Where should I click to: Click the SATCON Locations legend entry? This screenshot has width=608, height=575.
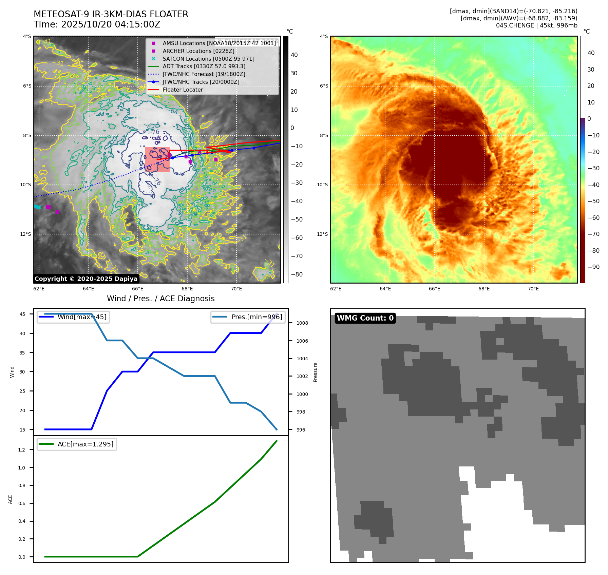208,59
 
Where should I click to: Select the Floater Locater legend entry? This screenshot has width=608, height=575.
183,90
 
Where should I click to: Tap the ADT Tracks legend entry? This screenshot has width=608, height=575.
204,66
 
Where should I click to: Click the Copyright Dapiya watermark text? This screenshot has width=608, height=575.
86,279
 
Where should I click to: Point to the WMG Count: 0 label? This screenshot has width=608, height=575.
365,318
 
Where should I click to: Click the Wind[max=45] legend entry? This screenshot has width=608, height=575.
82,317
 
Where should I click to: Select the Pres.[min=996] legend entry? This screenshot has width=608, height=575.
256,317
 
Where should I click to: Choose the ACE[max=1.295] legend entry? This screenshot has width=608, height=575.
85,444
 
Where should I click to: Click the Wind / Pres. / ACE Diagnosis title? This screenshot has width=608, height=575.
160,299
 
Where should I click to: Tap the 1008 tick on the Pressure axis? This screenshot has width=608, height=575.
302,323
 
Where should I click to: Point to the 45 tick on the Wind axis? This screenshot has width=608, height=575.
22,314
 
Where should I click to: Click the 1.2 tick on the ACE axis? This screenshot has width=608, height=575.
22,450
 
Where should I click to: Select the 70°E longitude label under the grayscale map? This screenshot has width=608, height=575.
236,289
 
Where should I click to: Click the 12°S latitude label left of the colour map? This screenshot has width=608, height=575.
322,234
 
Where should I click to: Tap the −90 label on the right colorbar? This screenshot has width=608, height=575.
593,267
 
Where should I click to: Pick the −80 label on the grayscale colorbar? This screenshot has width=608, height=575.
297,274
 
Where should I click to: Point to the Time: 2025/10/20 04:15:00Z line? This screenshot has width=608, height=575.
97,24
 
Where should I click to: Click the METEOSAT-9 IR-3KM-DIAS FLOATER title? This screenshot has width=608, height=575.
111,14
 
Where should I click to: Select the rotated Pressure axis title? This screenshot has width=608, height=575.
315,372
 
